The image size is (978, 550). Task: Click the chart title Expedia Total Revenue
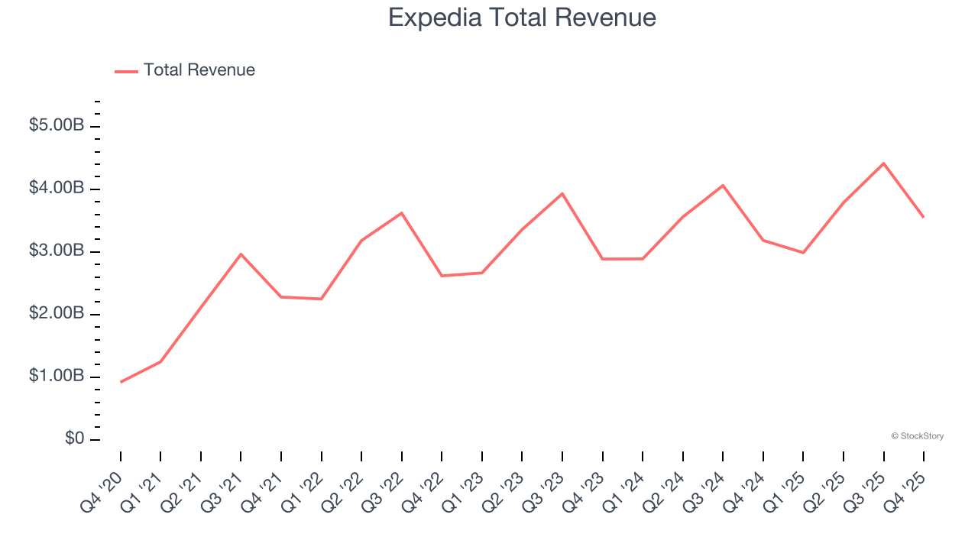(x=522, y=18)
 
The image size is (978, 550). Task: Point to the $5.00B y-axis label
(x=57, y=126)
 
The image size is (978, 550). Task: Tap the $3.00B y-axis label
(x=57, y=251)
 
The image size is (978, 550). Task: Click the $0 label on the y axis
(x=75, y=439)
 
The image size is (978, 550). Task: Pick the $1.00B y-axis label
(x=57, y=377)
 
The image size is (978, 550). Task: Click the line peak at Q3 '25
(x=883, y=163)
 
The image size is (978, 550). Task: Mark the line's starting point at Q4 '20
(x=121, y=382)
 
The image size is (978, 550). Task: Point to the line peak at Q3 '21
(x=241, y=254)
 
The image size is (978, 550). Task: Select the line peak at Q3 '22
(x=402, y=212)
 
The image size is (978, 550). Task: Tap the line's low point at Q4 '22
(x=442, y=276)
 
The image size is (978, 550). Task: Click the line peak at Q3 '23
(x=562, y=193)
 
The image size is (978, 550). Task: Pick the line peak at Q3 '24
(x=723, y=185)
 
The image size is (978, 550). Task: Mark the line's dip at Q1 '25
(x=803, y=253)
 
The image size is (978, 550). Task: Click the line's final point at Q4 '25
(x=923, y=217)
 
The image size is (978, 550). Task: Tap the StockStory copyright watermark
(x=917, y=436)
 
